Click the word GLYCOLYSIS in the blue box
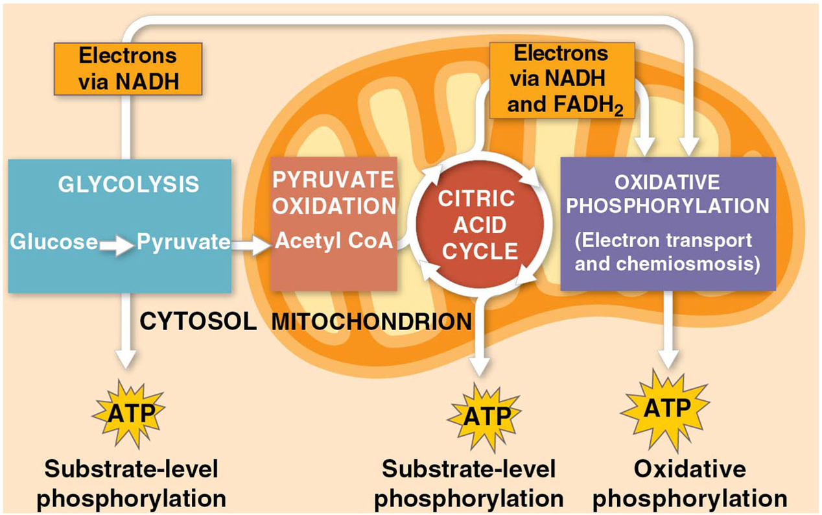[x=128, y=184]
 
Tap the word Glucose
[x=54, y=243]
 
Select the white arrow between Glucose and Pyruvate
[x=117, y=245]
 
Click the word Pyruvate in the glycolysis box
[x=183, y=243]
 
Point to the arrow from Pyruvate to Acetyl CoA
[x=251, y=245]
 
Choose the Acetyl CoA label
[x=334, y=241]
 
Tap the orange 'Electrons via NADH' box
[x=128, y=69]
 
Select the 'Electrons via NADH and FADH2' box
[x=561, y=80]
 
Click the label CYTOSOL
[x=198, y=321]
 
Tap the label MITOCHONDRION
[x=371, y=321]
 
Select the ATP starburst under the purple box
[x=666, y=409]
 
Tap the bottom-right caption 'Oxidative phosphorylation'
[x=689, y=484]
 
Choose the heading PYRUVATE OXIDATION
[x=334, y=193]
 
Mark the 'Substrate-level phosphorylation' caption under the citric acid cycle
[x=469, y=484]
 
